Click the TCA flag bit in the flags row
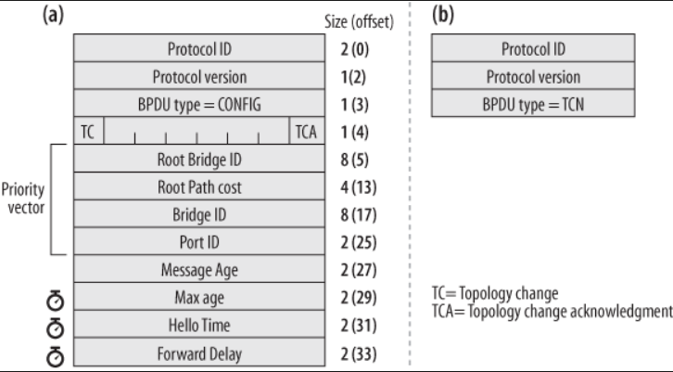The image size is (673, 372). pos(305,131)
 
